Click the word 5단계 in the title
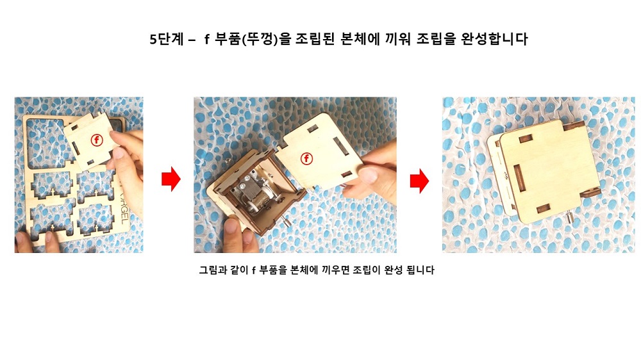pyautogui.click(x=167, y=39)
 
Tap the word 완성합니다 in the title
pyautogui.click(x=494, y=39)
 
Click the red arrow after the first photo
pyautogui.click(x=171, y=179)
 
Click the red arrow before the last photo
pyautogui.click(x=419, y=181)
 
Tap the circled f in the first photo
pyautogui.click(x=97, y=140)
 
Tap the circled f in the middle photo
pyautogui.click(x=306, y=159)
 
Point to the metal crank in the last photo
pyautogui.click(x=569, y=217)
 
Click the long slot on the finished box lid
pyautogui.click(x=519, y=178)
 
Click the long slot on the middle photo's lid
pyautogui.click(x=340, y=146)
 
